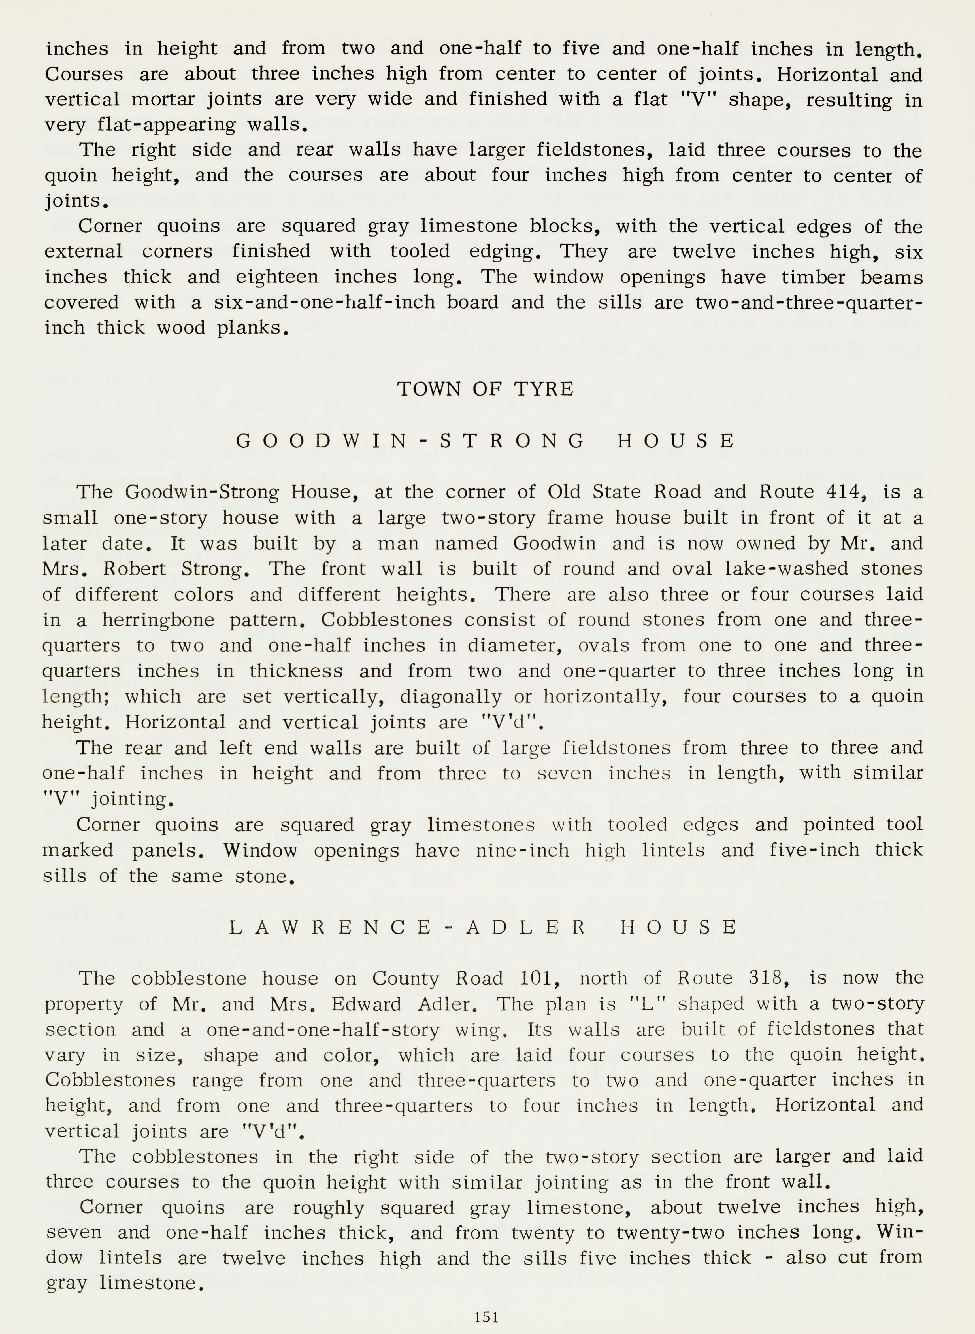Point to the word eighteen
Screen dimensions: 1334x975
[x=276, y=277]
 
